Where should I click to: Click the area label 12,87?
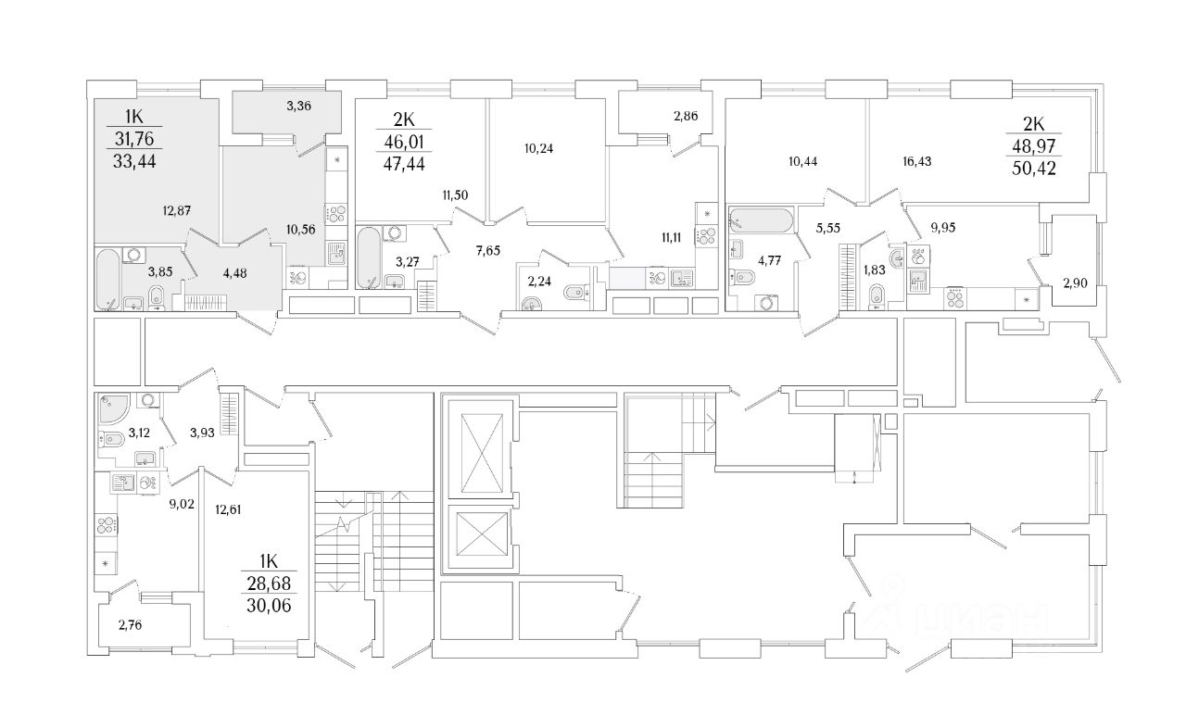[176, 211]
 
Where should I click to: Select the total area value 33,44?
[134, 164]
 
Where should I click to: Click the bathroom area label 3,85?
[163, 272]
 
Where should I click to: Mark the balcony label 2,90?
[1075, 284]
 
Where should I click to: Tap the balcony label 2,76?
[132, 624]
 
